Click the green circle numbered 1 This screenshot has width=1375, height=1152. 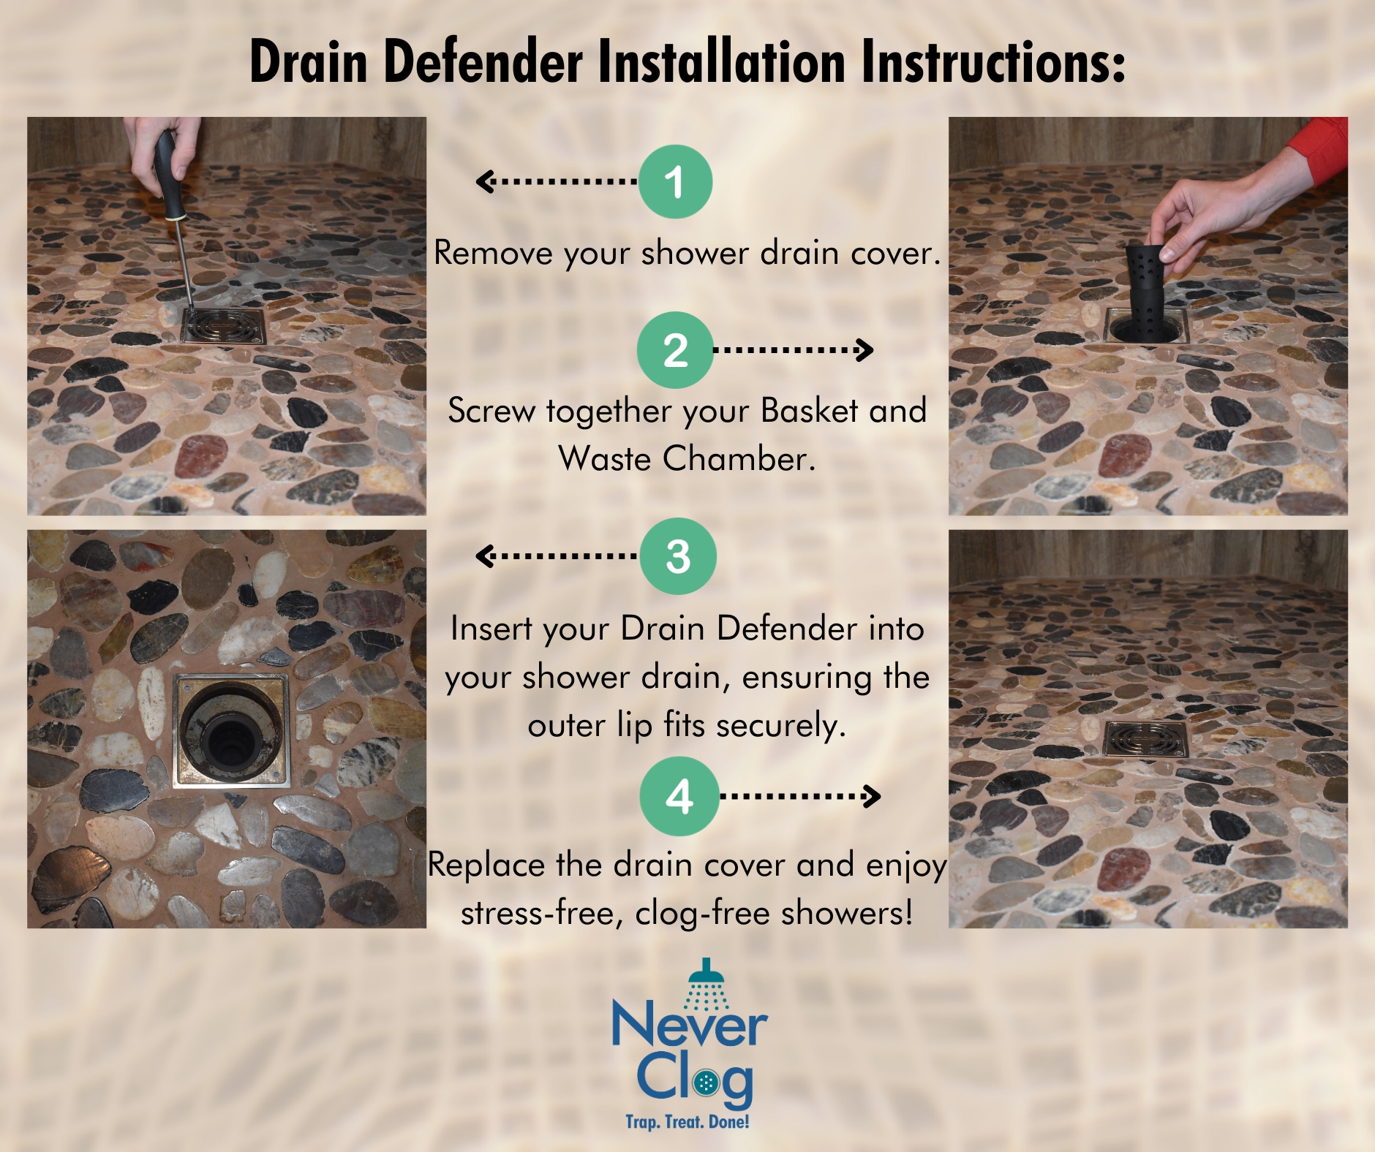(675, 181)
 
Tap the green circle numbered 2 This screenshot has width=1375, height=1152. (675, 349)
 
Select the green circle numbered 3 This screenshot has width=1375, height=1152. (678, 556)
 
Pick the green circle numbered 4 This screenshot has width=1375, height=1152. (679, 796)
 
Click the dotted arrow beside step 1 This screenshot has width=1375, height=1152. (557, 181)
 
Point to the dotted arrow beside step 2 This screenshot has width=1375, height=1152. (794, 350)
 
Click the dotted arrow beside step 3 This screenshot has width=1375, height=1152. (557, 556)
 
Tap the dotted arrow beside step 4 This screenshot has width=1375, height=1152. (800, 796)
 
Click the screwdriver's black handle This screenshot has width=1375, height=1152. (168, 175)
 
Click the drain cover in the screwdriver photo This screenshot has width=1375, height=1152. (224, 326)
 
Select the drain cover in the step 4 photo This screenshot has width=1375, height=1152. (1145, 739)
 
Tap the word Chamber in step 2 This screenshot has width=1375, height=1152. (739, 459)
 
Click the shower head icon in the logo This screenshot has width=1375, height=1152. (706, 983)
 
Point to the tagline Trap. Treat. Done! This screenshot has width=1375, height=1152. (687, 1122)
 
